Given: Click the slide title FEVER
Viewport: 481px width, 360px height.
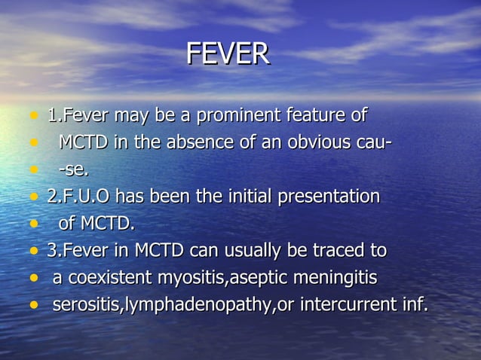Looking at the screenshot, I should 227,54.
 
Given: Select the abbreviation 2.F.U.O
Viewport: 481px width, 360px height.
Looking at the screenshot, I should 78,197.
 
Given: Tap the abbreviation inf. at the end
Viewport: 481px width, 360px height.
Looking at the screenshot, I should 412,305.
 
